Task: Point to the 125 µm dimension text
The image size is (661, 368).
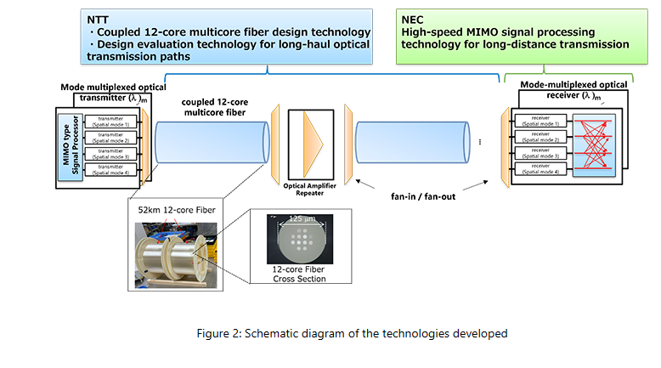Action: tap(292, 219)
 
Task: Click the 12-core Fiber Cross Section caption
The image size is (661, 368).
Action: tap(292, 274)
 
